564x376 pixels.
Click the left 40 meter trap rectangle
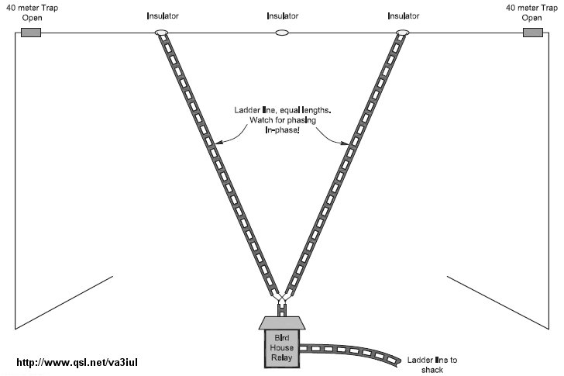[x=30, y=33]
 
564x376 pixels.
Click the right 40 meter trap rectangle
[x=533, y=33]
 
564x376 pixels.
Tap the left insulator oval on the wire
[x=162, y=33]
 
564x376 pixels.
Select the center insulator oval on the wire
[x=282, y=33]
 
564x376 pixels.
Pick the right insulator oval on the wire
[x=402, y=33]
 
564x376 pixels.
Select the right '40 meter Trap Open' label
[x=532, y=12]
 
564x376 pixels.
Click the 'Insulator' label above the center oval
[x=282, y=16]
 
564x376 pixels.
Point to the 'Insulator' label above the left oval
[x=162, y=16]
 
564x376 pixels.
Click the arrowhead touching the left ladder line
[x=219, y=142]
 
